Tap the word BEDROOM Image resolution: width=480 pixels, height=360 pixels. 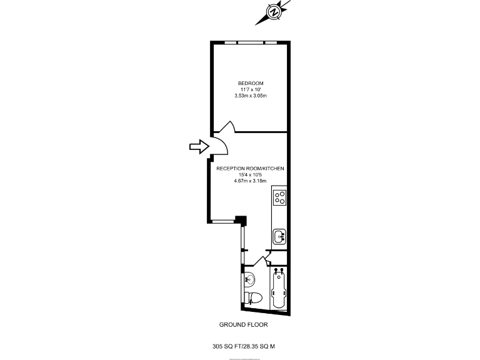pyautogui.click(x=250, y=84)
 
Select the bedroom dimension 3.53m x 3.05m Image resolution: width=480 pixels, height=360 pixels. pyautogui.click(x=250, y=96)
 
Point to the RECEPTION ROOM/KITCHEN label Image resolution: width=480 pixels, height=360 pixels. pyautogui.click(x=250, y=169)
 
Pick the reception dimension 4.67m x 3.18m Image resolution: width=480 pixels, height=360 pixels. pyautogui.click(x=250, y=181)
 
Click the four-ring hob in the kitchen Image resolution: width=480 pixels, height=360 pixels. pyautogui.click(x=280, y=197)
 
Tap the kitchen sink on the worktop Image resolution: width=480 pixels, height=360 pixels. pyautogui.click(x=279, y=237)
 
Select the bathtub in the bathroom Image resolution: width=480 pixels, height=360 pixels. pyautogui.click(x=279, y=288)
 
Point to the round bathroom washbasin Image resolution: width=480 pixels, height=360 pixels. pyautogui.click(x=250, y=278)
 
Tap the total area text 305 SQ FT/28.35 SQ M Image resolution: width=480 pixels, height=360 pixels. pyautogui.click(x=244, y=344)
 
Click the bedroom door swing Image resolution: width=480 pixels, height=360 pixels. pyautogui.click(x=226, y=127)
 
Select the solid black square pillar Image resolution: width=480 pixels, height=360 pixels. pyautogui.click(x=241, y=221)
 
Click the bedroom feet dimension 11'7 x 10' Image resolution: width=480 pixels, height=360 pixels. pyautogui.click(x=250, y=89)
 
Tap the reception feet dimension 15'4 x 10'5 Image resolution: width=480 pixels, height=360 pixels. pyautogui.click(x=250, y=175)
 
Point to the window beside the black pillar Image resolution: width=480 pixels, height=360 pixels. pyautogui.click(x=223, y=221)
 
